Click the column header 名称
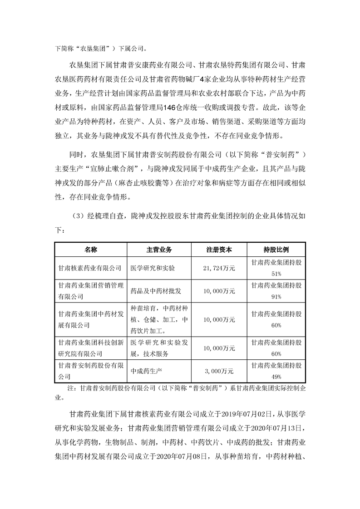90,250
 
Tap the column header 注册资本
219,250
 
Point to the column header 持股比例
276,250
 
